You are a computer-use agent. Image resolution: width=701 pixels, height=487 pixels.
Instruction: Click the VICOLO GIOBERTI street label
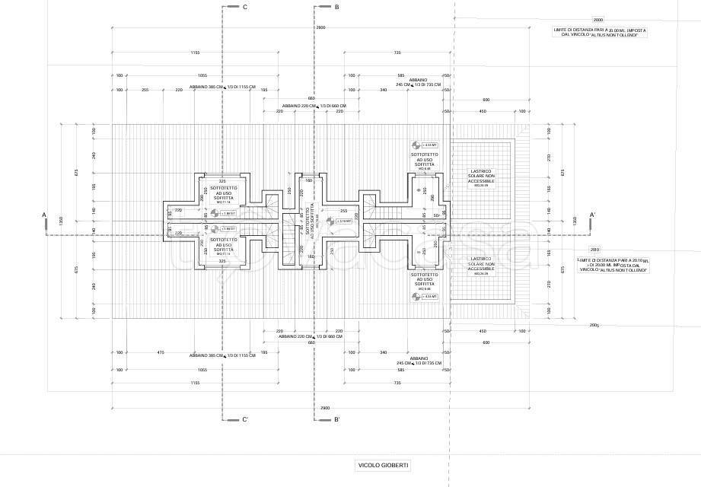click(383, 465)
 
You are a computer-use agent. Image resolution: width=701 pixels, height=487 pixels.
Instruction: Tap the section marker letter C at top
click(244, 7)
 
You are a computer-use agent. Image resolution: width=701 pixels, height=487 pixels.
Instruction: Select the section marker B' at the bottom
click(336, 419)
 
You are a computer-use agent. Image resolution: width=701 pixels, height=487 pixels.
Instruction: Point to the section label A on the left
click(46, 215)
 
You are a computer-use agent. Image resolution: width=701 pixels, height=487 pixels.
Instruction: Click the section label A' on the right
click(593, 215)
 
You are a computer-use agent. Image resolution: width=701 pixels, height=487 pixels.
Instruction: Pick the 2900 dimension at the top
click(320, 27)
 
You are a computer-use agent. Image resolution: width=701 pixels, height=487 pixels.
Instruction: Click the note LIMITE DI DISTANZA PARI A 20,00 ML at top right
click(601, 33)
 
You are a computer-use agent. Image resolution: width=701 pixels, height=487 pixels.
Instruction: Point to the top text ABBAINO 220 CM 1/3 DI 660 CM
click(314, 106)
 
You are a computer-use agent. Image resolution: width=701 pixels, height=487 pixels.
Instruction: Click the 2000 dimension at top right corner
click(597, 20)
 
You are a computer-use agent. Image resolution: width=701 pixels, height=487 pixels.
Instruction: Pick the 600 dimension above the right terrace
click(486, 100)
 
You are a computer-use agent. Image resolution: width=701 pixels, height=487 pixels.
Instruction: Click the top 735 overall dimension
click(397, 53)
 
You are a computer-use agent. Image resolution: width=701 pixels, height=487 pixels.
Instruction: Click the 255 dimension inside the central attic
click(344, 211)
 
